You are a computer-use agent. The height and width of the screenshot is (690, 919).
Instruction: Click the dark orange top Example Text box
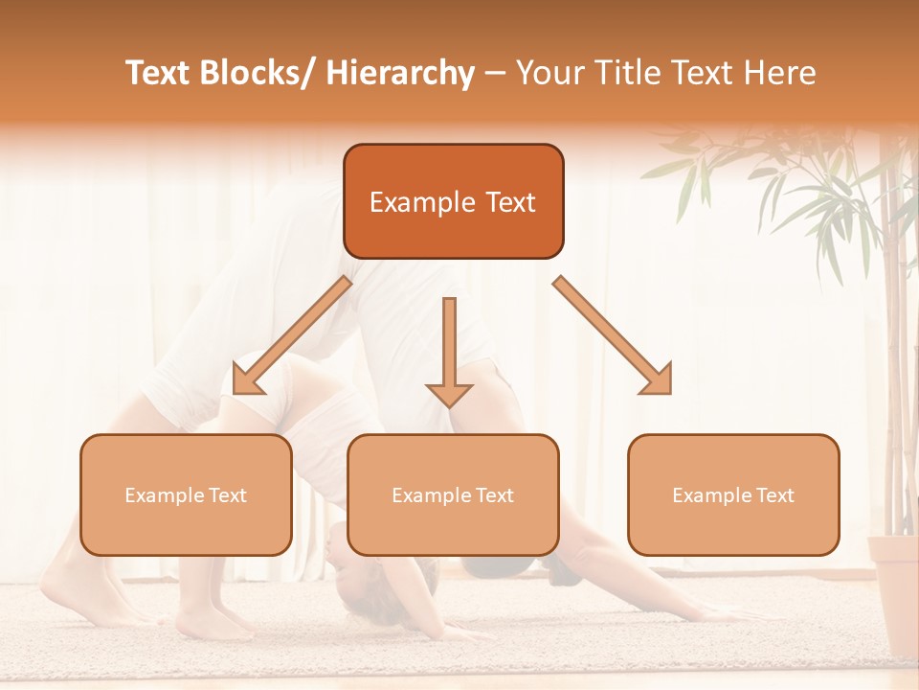[x=453, y=201]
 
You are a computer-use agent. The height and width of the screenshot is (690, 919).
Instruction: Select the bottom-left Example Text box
[x=186, y=494]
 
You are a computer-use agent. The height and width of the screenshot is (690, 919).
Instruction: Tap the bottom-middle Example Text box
[x=453, y=494]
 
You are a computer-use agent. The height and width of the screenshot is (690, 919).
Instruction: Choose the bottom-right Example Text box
[x=733, y=494]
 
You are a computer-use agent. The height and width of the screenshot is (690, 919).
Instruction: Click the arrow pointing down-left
[x=291, y=336]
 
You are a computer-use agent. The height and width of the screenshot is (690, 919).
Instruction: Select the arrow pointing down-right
[x=614, y=336]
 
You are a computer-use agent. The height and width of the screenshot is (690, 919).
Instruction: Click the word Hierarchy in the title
[x=400, y=73]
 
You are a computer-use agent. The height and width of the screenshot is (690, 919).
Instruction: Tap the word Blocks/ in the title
[x=258, y=73]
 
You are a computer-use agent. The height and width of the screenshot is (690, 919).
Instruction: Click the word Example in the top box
[x=422, y=202]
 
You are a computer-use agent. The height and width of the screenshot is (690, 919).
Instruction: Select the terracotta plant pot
[x=894, y=594]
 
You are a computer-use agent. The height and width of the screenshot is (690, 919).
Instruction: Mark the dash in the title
[x=495, y=74]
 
